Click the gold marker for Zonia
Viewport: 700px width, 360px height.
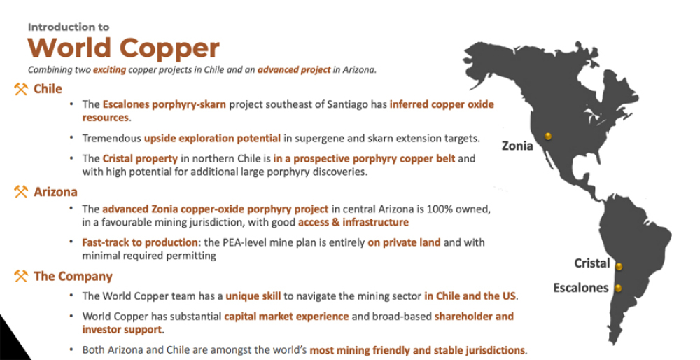[x=548, y=137]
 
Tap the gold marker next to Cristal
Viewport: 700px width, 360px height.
[x=619, y=267]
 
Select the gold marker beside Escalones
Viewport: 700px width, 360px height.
[x=618, y=288]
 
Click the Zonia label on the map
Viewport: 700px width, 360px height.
[x=517, y=146]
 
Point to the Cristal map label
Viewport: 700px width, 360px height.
[x=592, y=263]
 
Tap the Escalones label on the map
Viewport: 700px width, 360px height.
[x=581, y=288]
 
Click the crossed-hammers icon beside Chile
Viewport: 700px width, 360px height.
[x=21, y=89]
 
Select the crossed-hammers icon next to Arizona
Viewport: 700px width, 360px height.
[x=21, y=192]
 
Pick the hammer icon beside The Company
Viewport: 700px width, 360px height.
[x=21, y=276]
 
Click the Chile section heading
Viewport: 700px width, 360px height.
[x=48, y=89]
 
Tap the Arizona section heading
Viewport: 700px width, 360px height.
[x=56, y=192]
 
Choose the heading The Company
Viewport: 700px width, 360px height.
[x=73, y=277]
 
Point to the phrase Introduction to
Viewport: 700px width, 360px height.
[x=69, y=27]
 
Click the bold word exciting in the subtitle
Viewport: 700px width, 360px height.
[x=109, y=69]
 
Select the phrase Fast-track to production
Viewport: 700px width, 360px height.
[x=140, y=242]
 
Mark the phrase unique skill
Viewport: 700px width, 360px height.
[x=253, y=296]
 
